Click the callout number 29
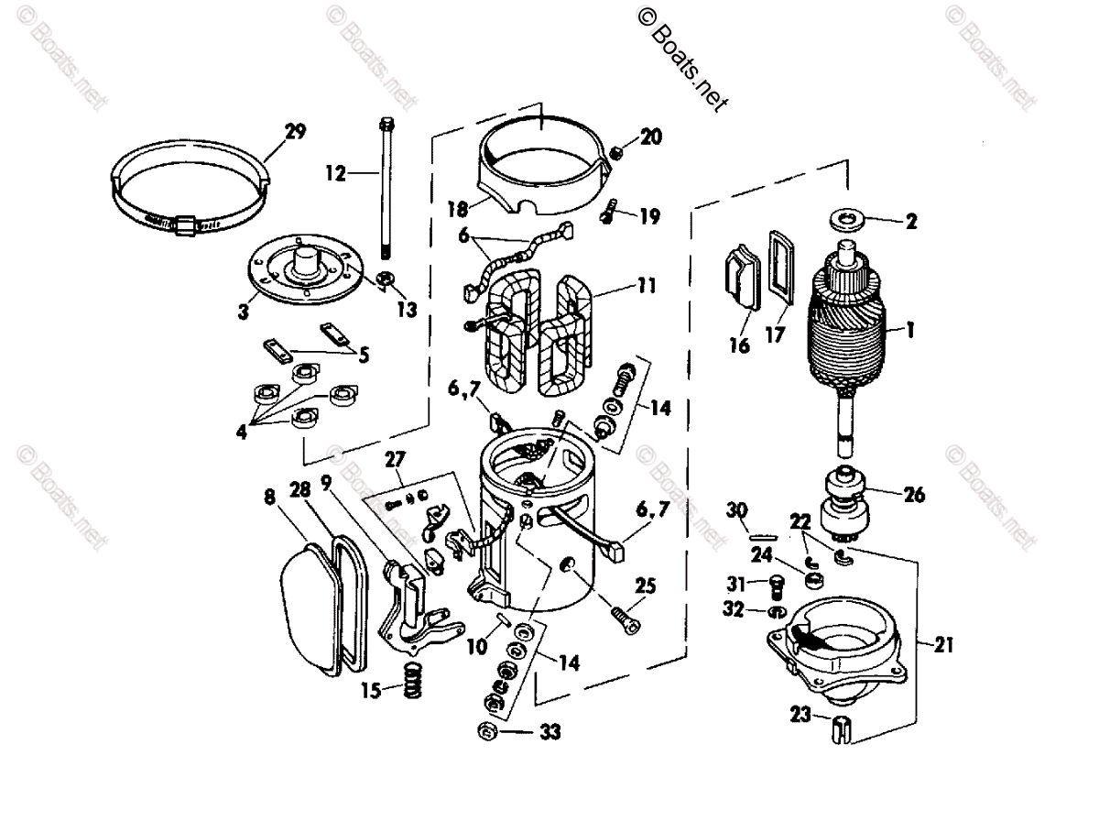[294, 132]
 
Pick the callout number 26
[913, 496]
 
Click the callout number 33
[549, 732]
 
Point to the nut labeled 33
[488, 731]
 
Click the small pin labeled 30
[762, 534]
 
